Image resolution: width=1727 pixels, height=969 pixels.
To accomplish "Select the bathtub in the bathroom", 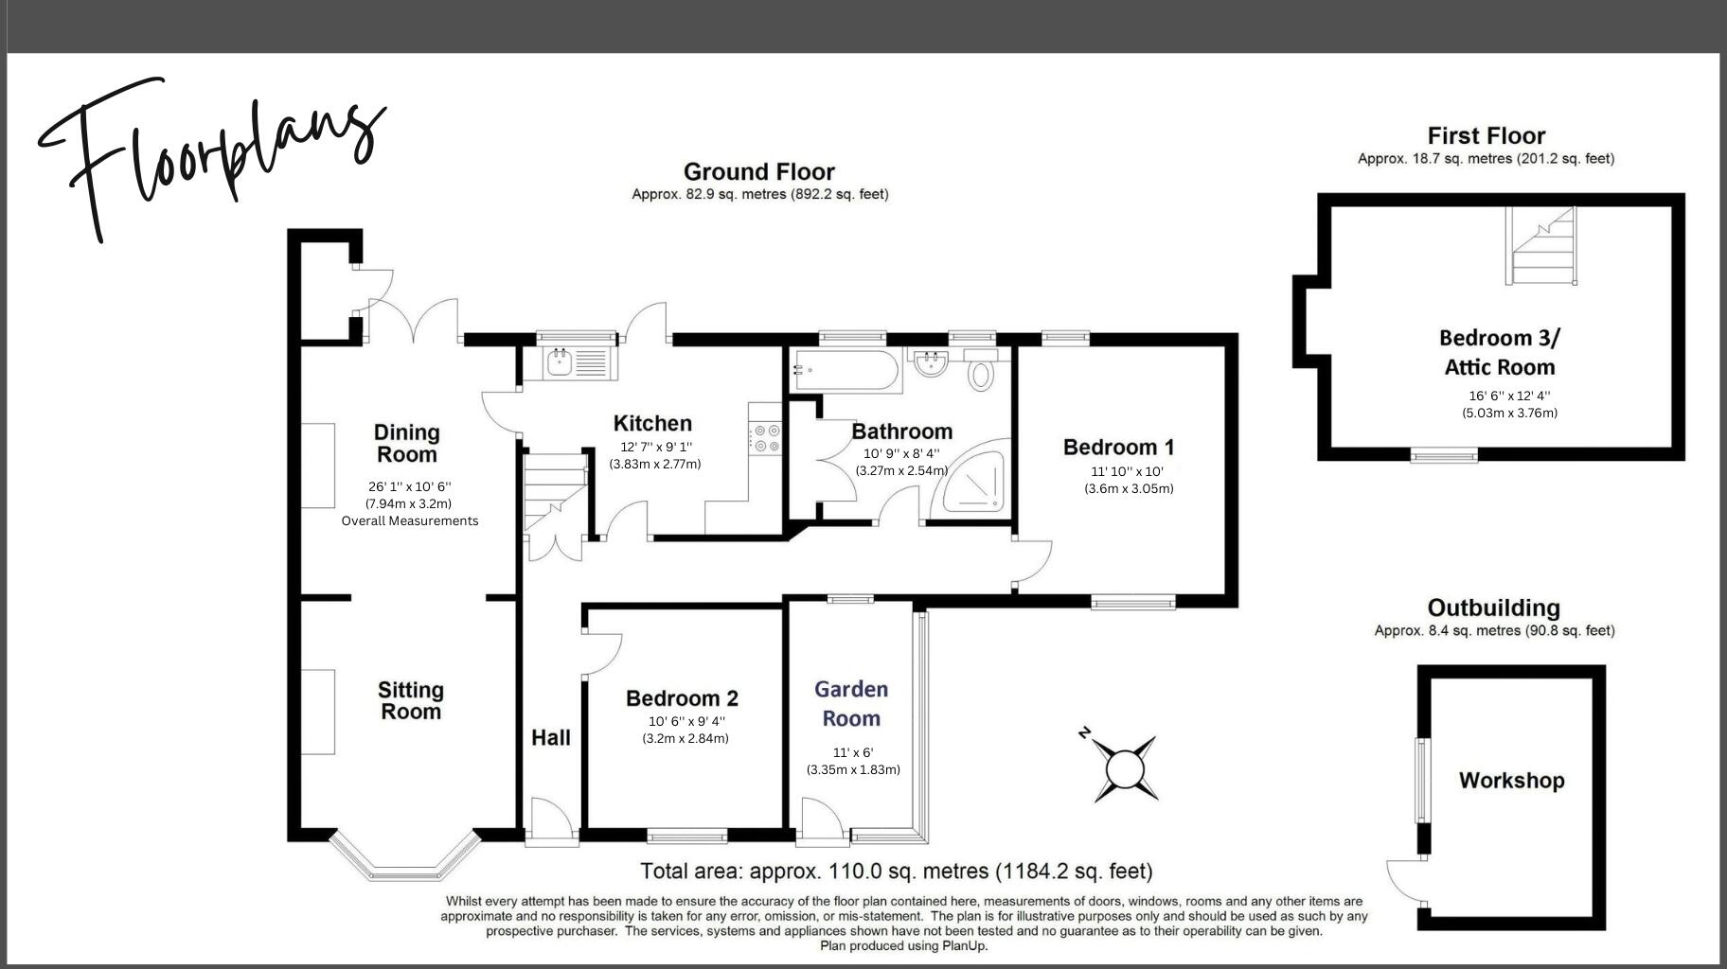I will pos(846,371).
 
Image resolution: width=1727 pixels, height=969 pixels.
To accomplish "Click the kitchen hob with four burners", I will pos(765,438).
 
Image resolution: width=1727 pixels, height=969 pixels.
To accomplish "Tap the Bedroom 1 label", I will pos(1118,448).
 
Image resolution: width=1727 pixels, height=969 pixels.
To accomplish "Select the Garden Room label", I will pos(851,703).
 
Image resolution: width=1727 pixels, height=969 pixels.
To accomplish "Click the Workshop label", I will pos(1511,781).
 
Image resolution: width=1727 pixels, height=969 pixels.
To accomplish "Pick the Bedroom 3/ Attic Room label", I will pos(1499,352).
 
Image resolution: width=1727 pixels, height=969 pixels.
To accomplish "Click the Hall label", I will pos(550,737).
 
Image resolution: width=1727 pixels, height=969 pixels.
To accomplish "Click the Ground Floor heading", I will pos(758,172).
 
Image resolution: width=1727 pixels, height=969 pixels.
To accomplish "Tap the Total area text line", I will pos(896,871).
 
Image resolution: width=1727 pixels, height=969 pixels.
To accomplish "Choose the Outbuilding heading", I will pos(1493,608).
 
